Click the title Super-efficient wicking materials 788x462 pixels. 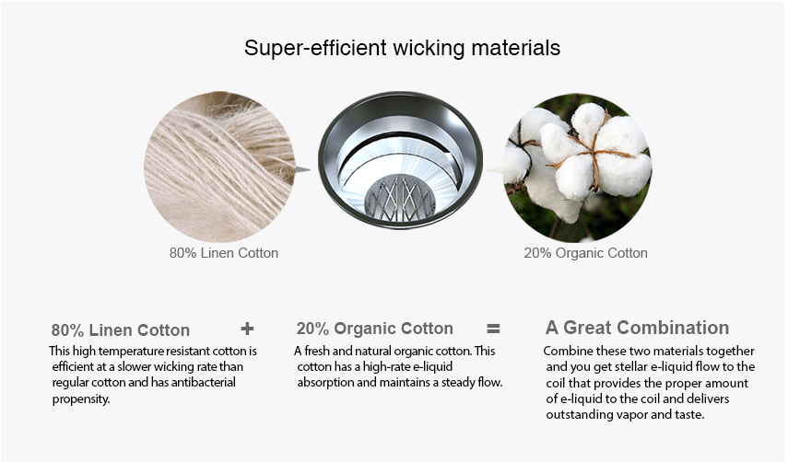point(402,48)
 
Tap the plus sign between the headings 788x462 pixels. point(247,329)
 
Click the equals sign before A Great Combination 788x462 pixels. point(493,329)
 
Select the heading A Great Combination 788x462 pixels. point(637,328)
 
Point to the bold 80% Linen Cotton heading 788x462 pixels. point(121,330)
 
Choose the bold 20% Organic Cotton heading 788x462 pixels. point(375,329)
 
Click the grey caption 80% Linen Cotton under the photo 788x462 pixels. point(224,253)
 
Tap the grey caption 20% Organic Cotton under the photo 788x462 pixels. point(585,253)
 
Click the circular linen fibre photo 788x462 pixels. point(220,167)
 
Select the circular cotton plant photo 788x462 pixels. point(578,167)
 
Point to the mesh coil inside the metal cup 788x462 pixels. point(399,199)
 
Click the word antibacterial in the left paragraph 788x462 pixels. point(203,383)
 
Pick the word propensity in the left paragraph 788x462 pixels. point(81,399)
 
